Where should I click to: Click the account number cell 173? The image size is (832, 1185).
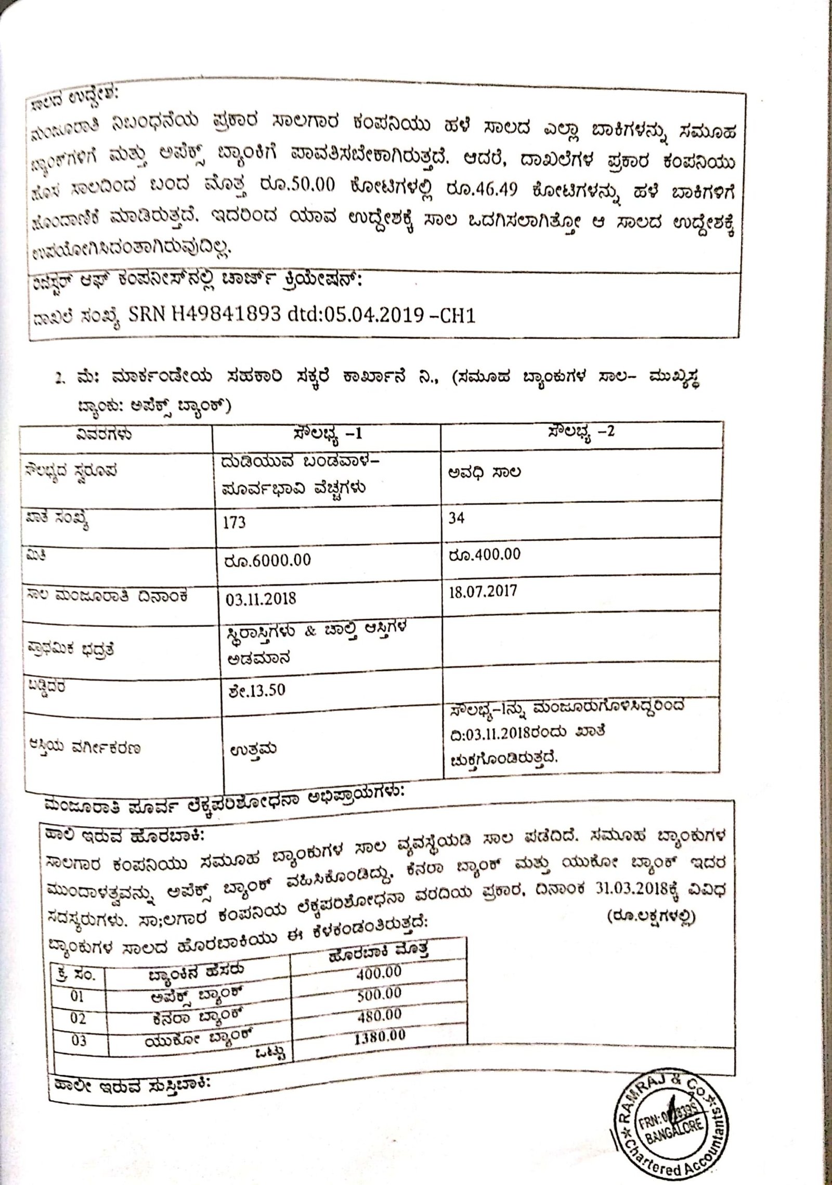tap(234, 522)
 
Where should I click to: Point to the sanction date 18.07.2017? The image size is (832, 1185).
tap(483, 592)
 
